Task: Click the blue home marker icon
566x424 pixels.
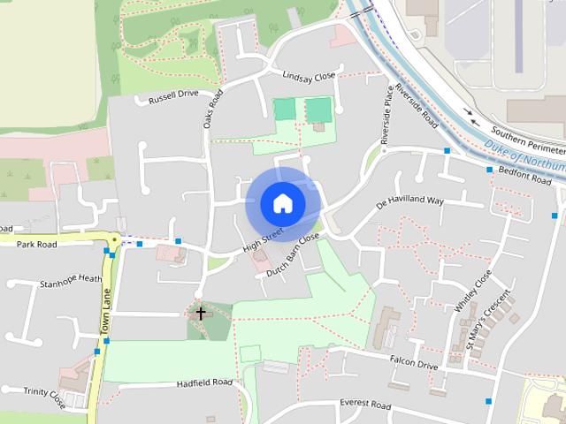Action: (x=282, y=203)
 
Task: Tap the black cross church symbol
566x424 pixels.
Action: (x=201, y=314)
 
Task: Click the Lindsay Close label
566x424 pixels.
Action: (x=309, y=77)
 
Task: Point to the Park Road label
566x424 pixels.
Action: (x=36, y=244)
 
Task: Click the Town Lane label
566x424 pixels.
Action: (x=104, y=314)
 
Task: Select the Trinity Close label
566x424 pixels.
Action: (x=45, y=393)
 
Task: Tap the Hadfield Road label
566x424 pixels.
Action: (x=203, y=382)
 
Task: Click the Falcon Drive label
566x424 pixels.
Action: (x=414, y=362)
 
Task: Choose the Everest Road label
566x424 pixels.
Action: (x=365, y=405)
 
